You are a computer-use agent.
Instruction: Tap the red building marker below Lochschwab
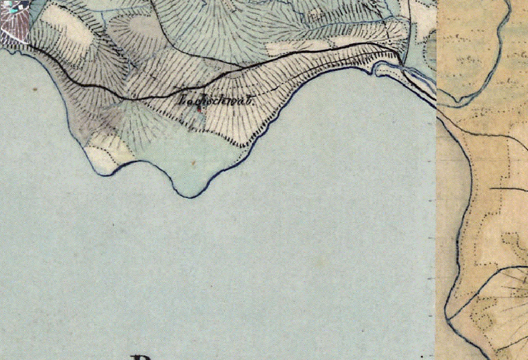click(199, 109)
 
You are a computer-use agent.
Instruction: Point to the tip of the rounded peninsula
click(190, 195)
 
